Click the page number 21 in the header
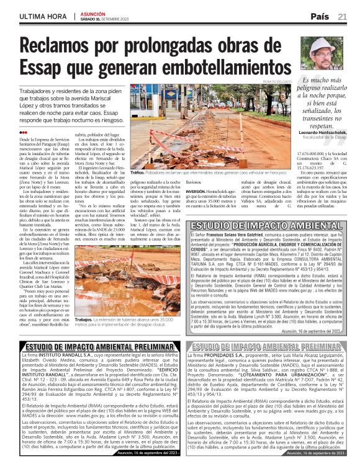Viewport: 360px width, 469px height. pyautogui.click(x=342, y=16)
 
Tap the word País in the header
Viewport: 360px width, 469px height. pyautogui.click(x=320, y=16)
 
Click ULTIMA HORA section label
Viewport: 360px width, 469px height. pyautogui.click(x=43, y=16)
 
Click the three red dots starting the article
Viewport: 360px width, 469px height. pyautogui.click(x=24, y=132)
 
